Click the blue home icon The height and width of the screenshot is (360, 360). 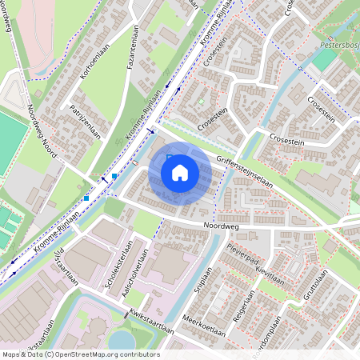(179, 172)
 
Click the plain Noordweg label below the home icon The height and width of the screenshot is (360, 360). (221, 227)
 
